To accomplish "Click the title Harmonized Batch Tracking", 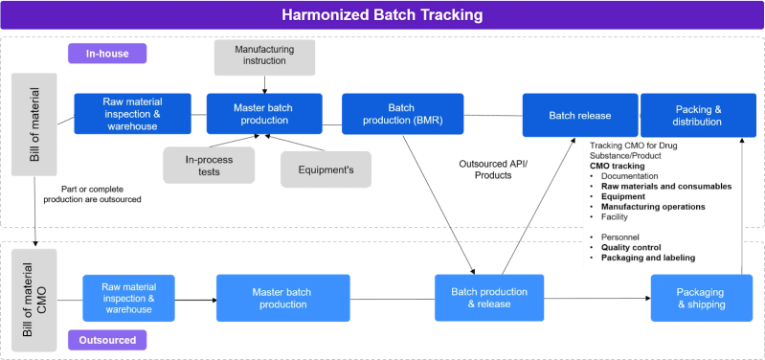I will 382,15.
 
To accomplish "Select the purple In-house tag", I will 105,53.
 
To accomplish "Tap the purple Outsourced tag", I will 106,339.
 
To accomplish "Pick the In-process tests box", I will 209,166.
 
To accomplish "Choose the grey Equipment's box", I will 326,169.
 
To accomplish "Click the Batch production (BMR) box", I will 401,114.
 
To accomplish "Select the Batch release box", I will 579,115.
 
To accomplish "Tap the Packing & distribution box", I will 694,115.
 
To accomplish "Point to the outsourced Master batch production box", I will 280,298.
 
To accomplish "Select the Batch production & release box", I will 488,298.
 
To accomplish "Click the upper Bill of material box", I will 34,124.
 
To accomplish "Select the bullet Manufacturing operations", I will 653,206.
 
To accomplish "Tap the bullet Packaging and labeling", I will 648,257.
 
